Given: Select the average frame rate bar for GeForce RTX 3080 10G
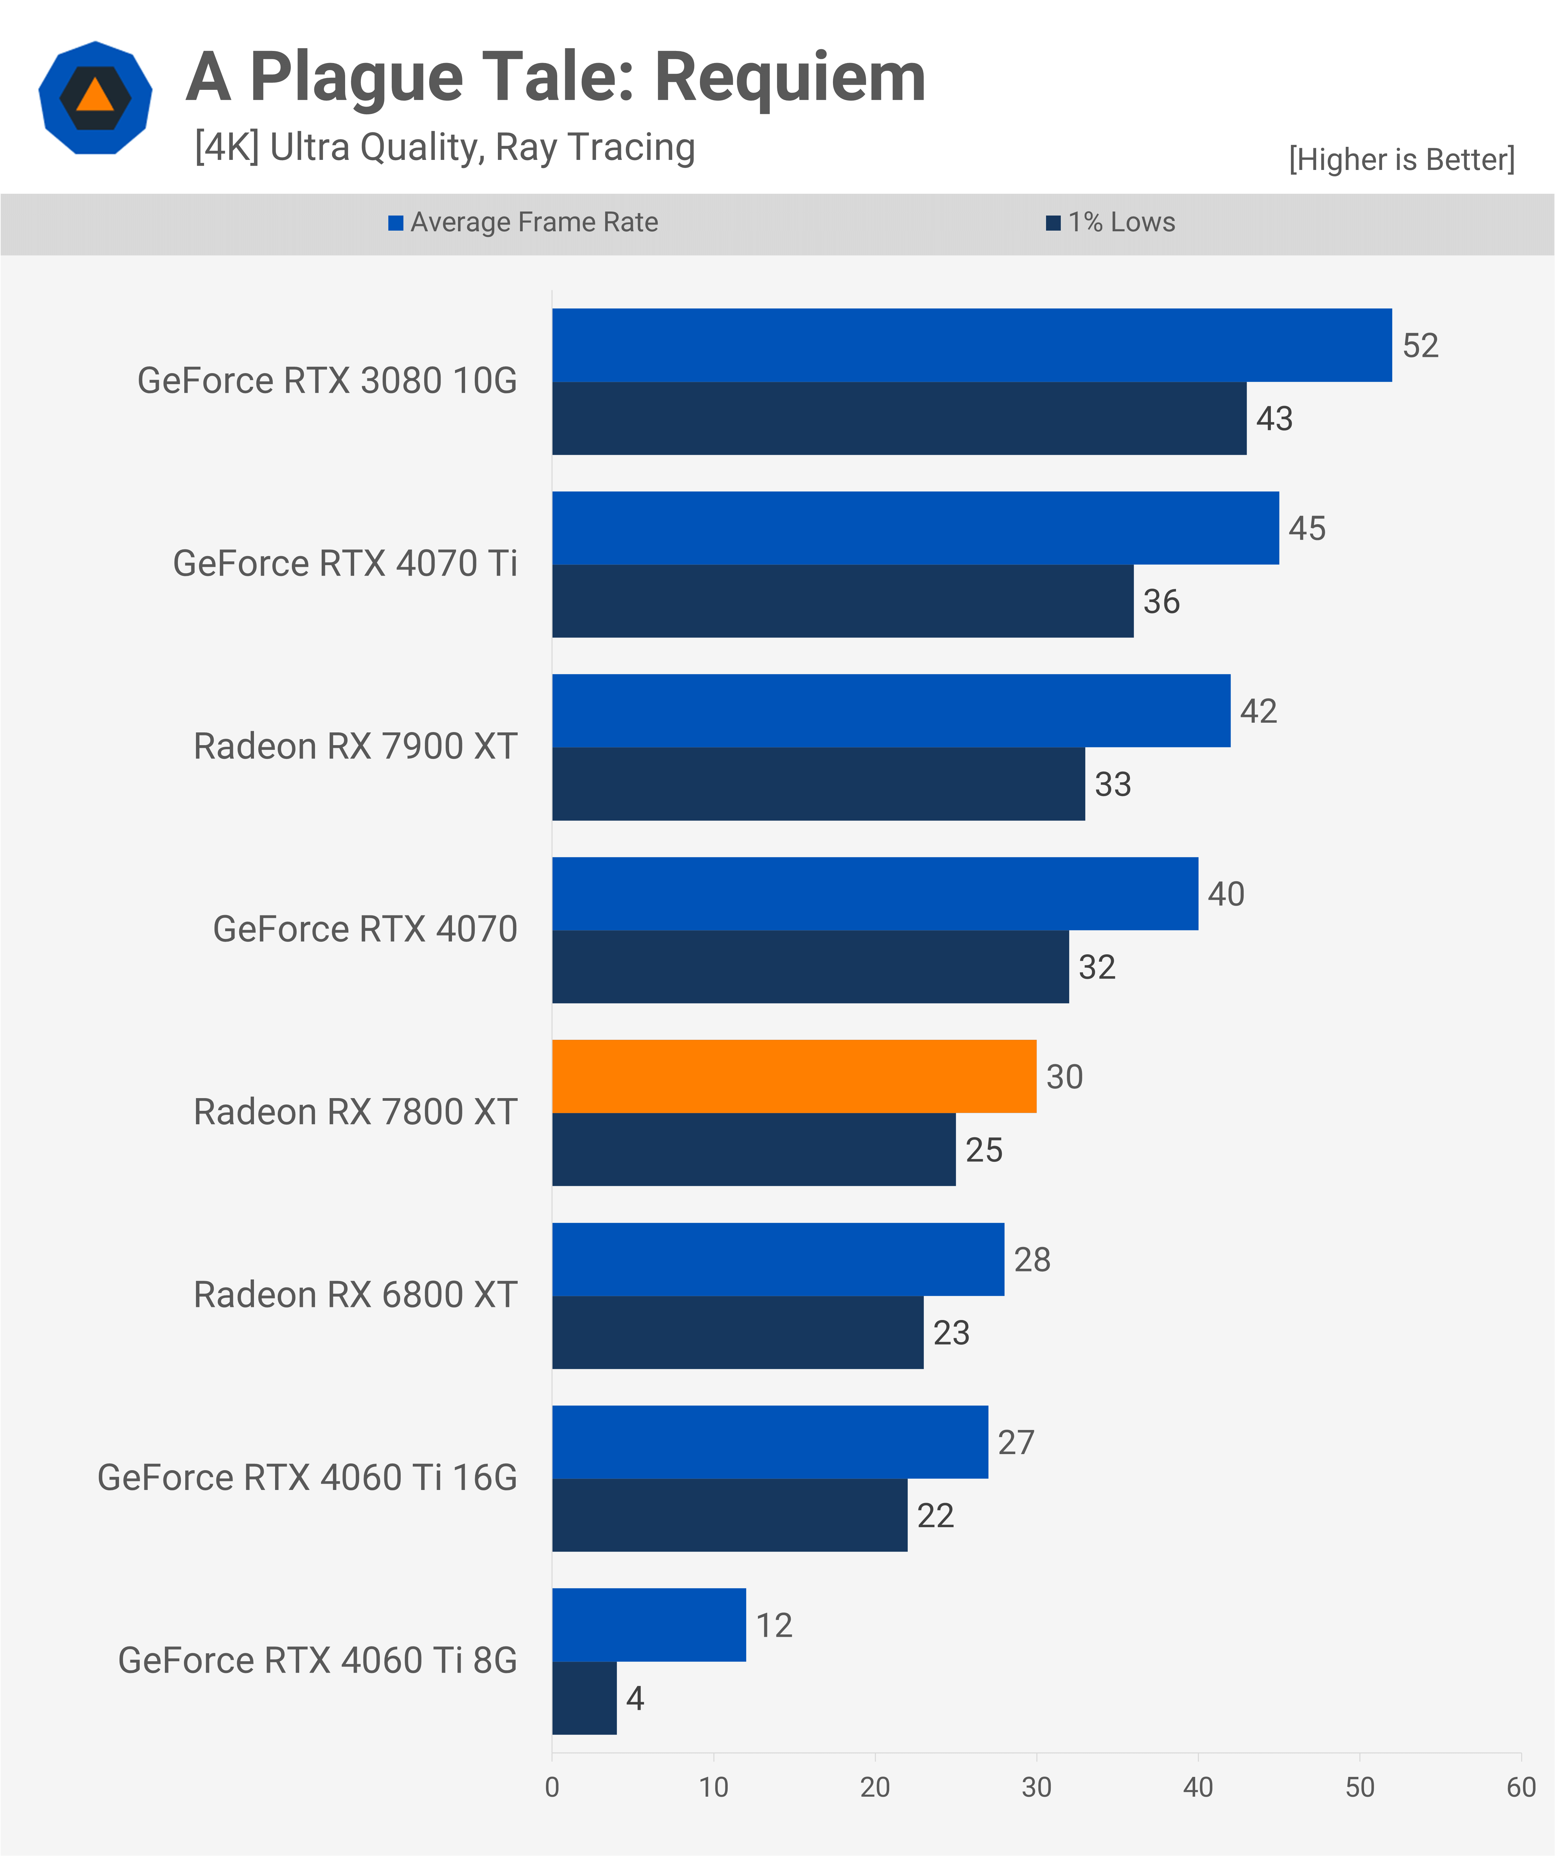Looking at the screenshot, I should (x=972, y=345).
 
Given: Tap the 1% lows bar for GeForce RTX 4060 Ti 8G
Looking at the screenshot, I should (x=584, y=1698).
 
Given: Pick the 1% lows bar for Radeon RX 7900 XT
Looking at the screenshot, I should (x=818, y=784).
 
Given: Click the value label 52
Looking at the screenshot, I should (x=1420, y=346).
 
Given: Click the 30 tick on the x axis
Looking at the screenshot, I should (x=1036, y=1787).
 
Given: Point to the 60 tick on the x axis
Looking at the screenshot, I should (x=1520, y=1787).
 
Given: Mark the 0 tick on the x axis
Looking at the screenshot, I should (x=552, y=1787).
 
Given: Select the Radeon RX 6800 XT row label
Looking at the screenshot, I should (x=355, y=1295).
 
